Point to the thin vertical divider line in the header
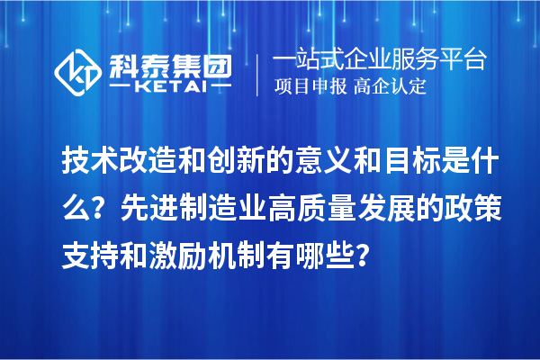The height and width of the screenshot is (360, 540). pos(258,75)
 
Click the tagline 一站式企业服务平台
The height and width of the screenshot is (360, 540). pos(378,60)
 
